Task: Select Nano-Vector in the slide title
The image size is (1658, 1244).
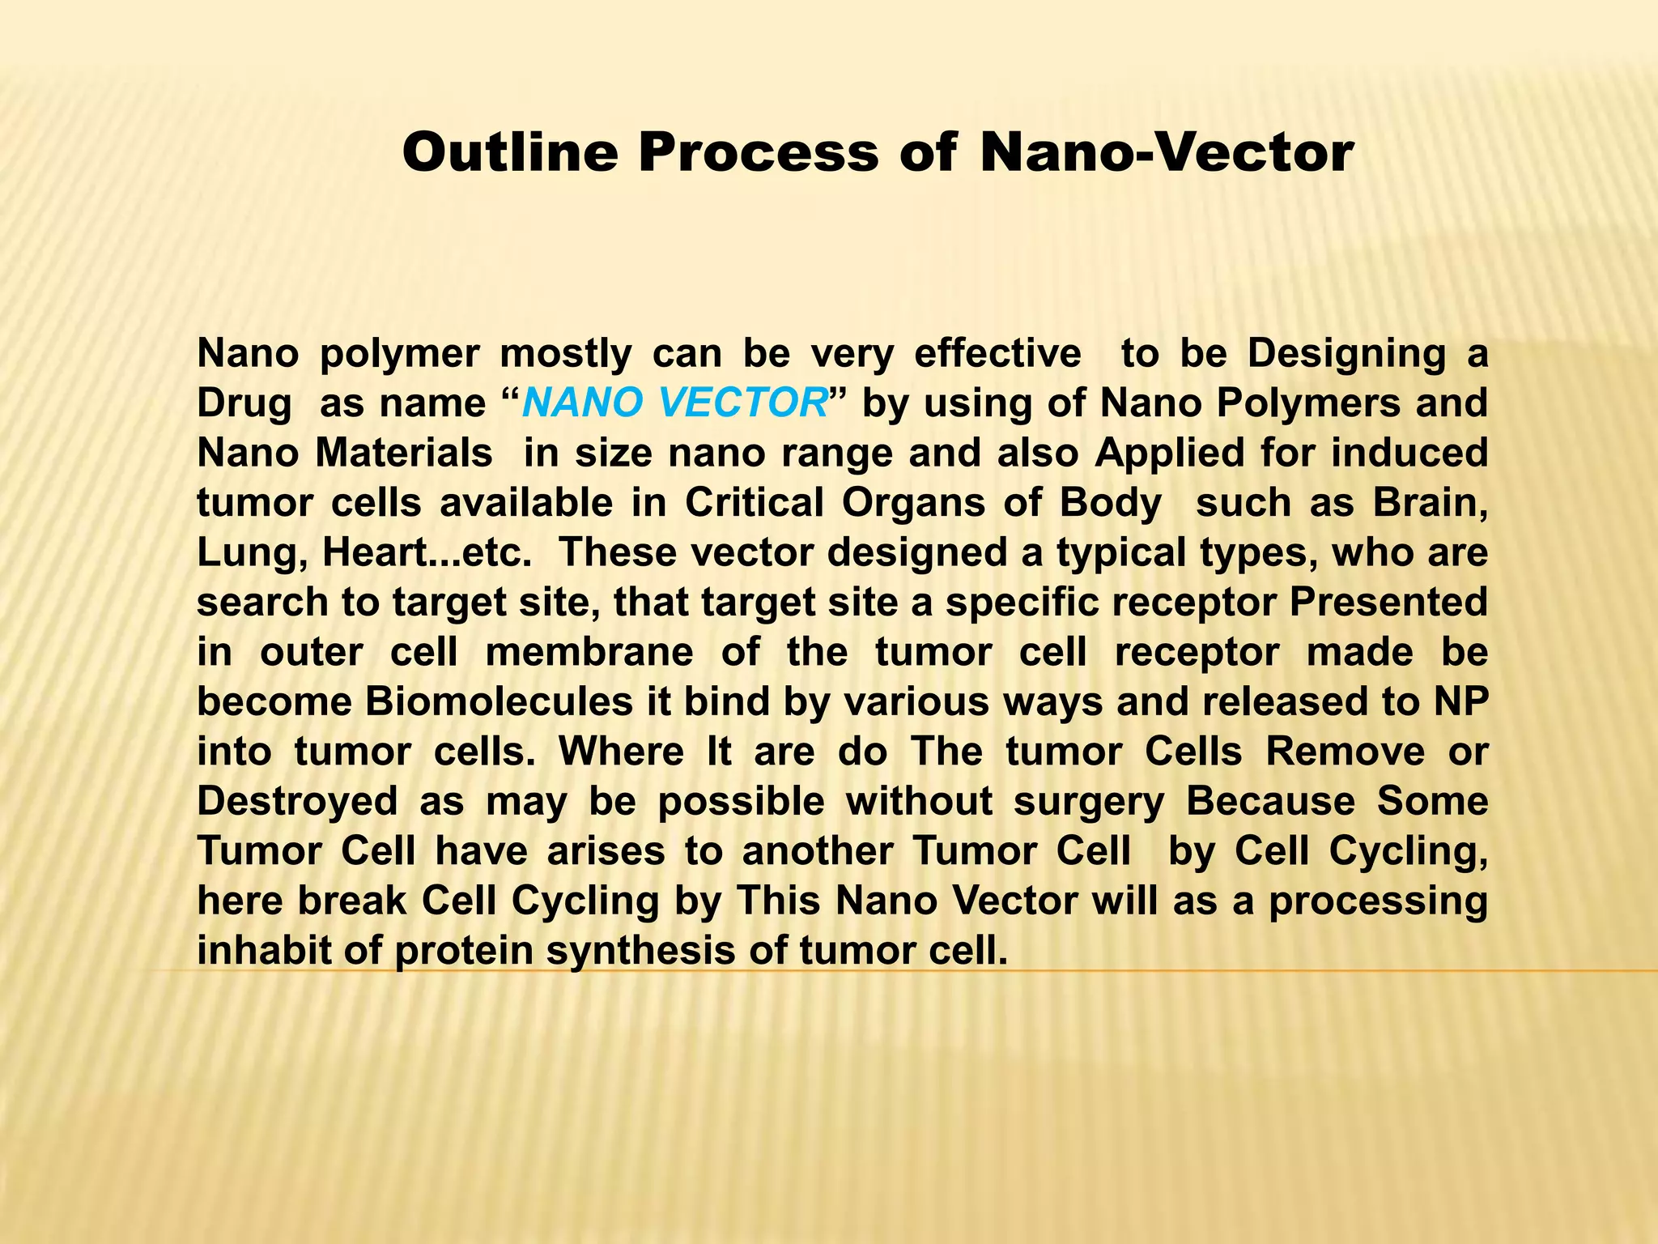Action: [x=1167, y=152]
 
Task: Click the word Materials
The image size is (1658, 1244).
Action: [x=404, y=453]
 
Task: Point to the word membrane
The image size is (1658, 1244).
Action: [x=589, y=652]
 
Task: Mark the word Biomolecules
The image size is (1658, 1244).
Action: [x=499, y=701]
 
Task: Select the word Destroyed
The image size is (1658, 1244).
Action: [x=297, y=801]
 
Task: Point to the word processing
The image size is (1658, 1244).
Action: [x=1378, y=901]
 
